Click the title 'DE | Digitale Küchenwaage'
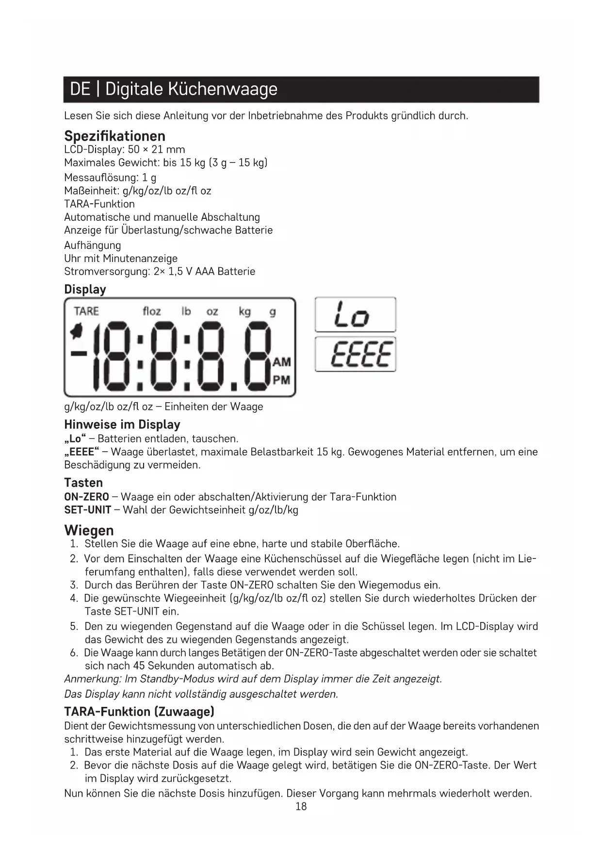[x=174, y=89]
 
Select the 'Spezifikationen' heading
[x=114, y=136]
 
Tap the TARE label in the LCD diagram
[x=86, y=311]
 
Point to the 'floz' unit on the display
[x=152, y=311]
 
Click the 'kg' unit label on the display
[x=245, y=311]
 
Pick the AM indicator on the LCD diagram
[x=282, y=362]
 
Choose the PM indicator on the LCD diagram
[x=282, y=380]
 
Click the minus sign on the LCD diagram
[x=79, y=353]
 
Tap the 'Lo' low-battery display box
[x=355, y=315]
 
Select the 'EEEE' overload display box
[x=355, y=354]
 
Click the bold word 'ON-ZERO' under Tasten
[x=87, y=497]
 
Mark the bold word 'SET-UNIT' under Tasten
[x=88, y=510]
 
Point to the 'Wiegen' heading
[x=89, y=530]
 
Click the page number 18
[x=301, y=806]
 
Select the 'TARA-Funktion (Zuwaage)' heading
[x=139, y=712]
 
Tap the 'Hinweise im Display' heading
[x=122, y=425]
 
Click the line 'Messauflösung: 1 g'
[x=110, y=178]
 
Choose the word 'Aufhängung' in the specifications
[x=93, y=245]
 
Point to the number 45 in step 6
[x=139, y=666]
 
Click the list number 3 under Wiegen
[x=74, y=585]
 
